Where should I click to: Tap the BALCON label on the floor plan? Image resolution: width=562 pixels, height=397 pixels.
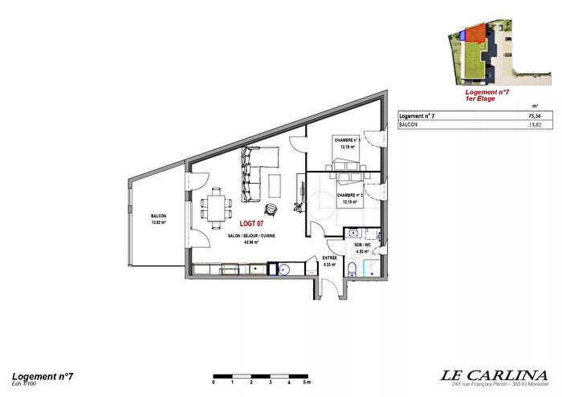pyautogui.click(x=157, y=217)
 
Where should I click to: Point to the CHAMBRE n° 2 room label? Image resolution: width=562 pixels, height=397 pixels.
pyautogui.click(x=352, y=196)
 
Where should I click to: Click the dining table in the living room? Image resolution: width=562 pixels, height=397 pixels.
pyautogui.click(x=215, y=207)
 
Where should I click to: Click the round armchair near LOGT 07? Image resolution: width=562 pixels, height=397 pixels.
pyautogui.click(x=273, y=209)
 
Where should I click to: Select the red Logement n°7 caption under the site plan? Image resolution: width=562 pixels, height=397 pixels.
pyautogui.click(x=489, y=94)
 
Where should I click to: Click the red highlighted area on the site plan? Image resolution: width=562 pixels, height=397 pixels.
pyautogui.click(x=475, y=34)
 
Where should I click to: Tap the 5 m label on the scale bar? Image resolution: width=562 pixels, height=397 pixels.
pyautogui.click(x=304, y=383)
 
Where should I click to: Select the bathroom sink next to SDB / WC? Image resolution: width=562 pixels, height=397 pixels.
pyautogui.click(x=375, y=237)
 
